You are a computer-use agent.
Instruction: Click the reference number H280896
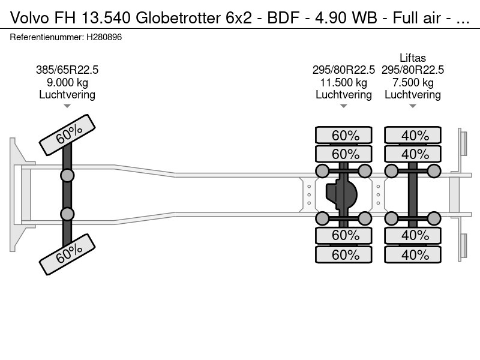click(x=104, y=37)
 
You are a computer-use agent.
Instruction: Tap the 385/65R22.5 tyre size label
click(x=67, y=70)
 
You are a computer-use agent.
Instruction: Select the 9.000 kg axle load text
click(x=67, y=82)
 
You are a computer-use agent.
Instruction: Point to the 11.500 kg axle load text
click(x=343, y=82)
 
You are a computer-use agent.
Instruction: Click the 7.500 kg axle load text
click(x=413, y=82)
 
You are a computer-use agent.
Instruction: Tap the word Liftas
click(x=413, y=58)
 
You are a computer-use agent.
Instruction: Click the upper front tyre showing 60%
click(x=67, y=135)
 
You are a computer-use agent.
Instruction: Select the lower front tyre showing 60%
click(x=67, y=254)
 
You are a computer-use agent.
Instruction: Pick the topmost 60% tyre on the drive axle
click(x=344, y=135)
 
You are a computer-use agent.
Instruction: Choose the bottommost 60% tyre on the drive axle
click(x=344, y=254)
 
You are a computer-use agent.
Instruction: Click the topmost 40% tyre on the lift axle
click(x=413, y=135)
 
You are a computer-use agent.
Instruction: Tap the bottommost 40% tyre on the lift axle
click(x=413, y=254)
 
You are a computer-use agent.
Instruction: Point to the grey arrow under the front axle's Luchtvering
click(x=67, y=106)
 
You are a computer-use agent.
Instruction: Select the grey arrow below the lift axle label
click(x=413, y=106)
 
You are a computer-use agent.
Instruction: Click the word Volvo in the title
click(x=29, y=18)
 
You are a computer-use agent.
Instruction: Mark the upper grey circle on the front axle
click(x=67, y=176)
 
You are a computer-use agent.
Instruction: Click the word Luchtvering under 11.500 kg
click(x=343, y=95)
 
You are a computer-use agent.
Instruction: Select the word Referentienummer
click(x=47, y=37)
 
